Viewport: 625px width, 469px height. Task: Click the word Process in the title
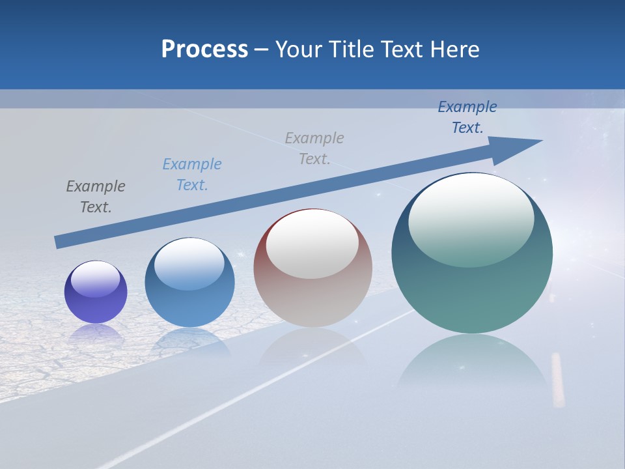click(x=204, y=50)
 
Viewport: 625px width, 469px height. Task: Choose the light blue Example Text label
click(x=192, y=175)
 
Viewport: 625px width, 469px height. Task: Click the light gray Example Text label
click(x=314, y=149)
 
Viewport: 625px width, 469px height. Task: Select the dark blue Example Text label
click(x=467, y=117)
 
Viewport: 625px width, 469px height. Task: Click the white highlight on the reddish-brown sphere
click(x=312, y=244)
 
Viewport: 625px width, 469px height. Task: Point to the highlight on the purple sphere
click(x=96, y=279)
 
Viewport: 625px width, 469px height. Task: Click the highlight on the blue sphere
click(x=189, y=264)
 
